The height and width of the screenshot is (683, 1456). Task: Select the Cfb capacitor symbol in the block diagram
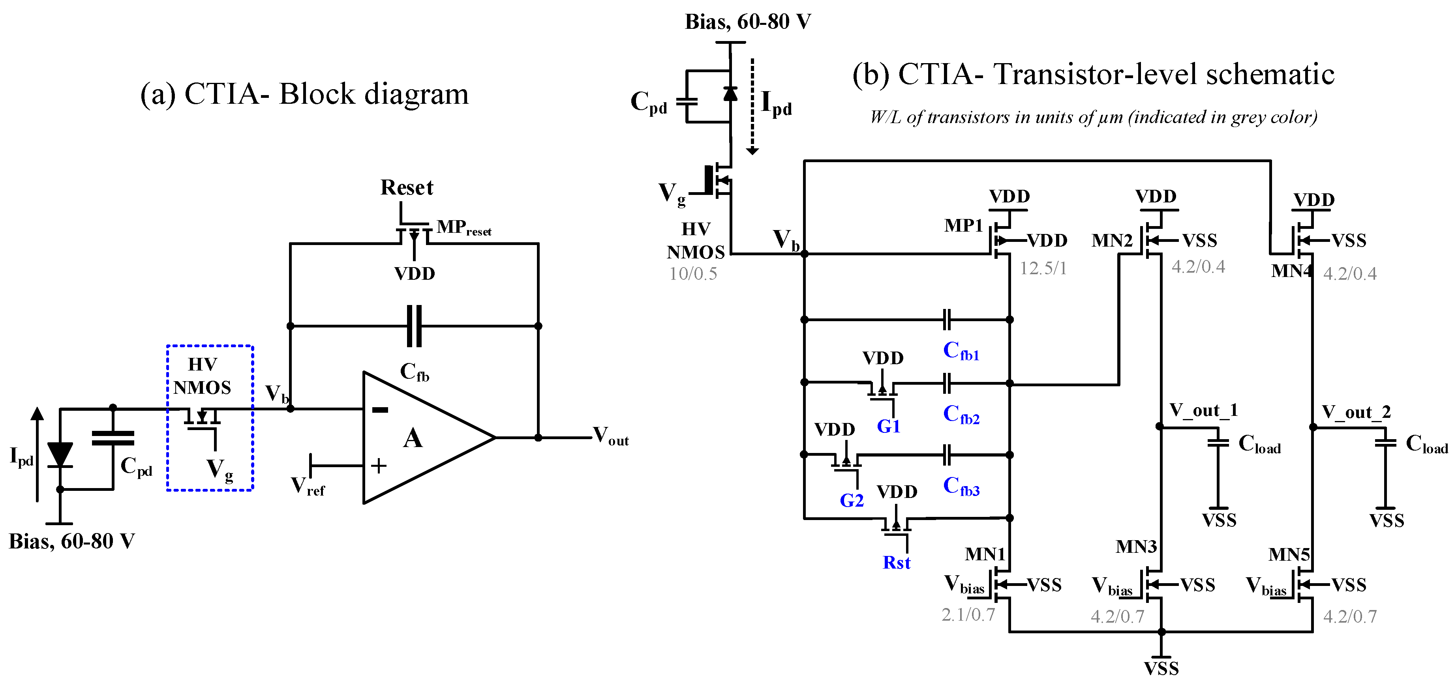coord(414,326)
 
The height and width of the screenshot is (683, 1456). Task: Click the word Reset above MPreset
coord(406,187)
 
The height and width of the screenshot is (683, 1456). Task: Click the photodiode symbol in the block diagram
coord(60,455)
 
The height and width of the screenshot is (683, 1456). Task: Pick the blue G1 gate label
coord(888,426)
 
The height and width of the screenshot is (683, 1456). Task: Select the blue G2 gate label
coord(851,500)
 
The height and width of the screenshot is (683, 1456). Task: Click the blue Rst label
coord(897,563)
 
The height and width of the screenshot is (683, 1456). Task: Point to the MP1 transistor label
coord(964,225)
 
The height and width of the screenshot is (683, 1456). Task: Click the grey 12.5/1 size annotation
coord(1043,268)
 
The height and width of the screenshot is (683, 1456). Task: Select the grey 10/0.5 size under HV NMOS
coord(693,274)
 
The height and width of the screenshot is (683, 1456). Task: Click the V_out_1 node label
coord(1203,410)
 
